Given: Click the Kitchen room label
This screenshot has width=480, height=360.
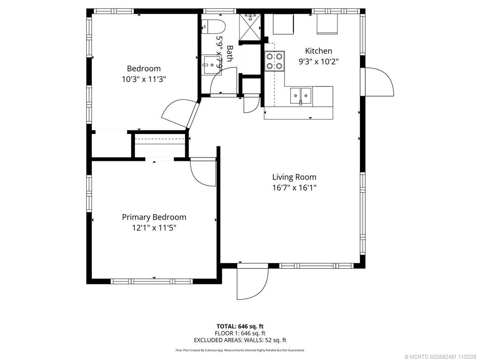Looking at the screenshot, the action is tap(318, 51).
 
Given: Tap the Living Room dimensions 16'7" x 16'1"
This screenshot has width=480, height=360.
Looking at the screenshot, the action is tap(294, 187).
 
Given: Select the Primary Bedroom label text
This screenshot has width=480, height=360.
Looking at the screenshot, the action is tap(154, 217).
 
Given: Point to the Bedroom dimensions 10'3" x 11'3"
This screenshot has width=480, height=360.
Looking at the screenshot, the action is tap(144, 79).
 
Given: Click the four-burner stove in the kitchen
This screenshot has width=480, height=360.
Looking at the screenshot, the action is tap(275, 61).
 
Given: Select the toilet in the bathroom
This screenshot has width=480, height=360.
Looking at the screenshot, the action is tap(214, 27).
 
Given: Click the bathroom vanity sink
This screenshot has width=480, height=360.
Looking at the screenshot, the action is tap(211, 65).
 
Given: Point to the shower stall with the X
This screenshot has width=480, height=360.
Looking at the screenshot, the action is tap(250, 27).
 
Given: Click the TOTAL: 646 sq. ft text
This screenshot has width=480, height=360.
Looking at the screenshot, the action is tap(240, 326).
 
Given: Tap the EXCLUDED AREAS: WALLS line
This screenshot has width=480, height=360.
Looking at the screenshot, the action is tap(240, 340).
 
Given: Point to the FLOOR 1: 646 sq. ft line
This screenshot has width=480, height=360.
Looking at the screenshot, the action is tap(240, 333).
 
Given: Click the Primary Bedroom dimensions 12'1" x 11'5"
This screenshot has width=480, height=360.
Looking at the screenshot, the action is tap(154, 228).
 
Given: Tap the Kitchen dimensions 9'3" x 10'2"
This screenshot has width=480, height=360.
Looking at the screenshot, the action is tap(318, 61).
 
